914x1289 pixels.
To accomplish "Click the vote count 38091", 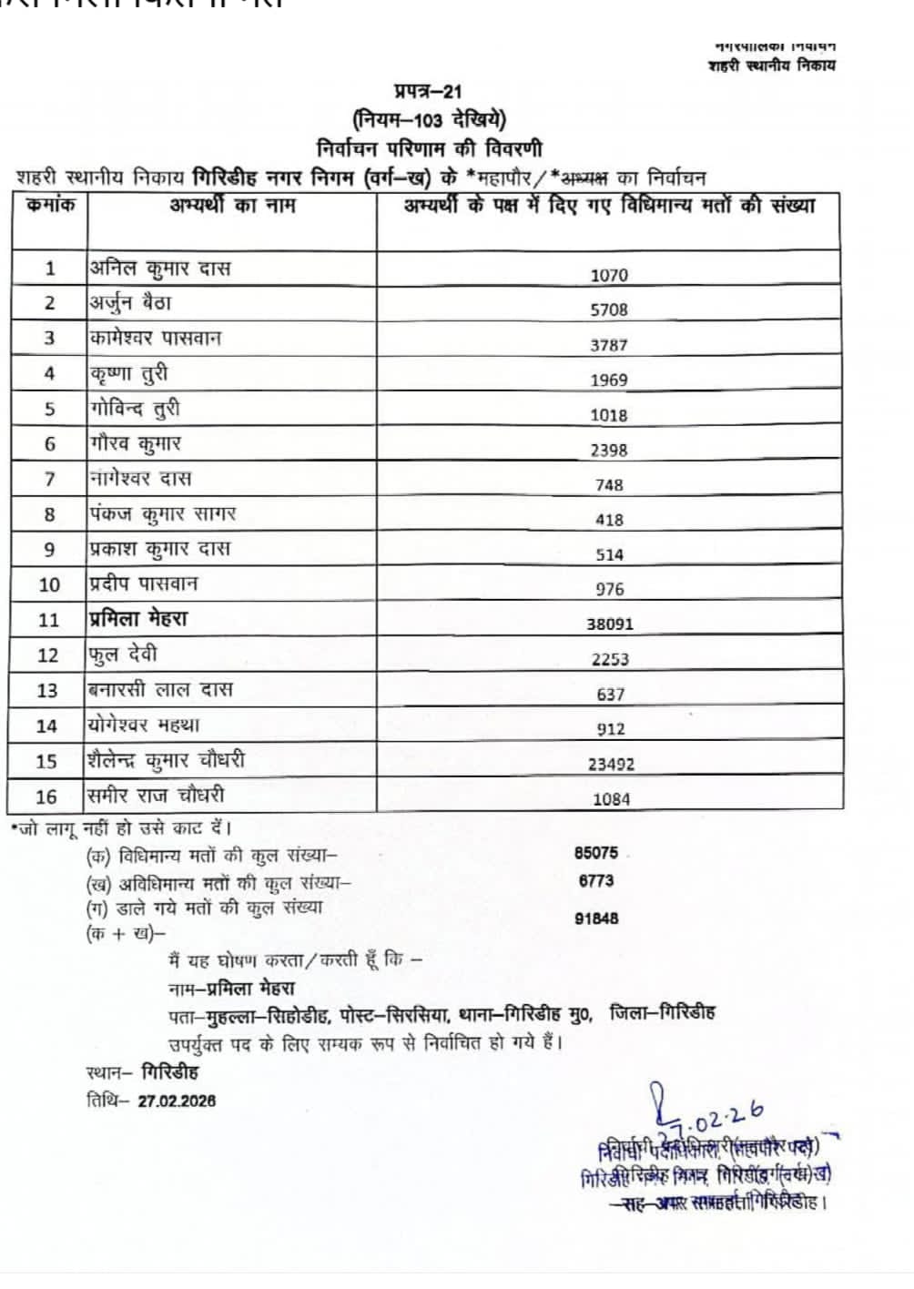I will coord(610,624).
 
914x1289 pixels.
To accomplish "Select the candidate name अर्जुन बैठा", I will coord(129,302).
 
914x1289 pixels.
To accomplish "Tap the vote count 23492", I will coord(610,764).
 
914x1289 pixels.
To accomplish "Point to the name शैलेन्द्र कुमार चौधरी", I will coord(166,760).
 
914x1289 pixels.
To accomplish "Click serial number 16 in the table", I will coord(46,797).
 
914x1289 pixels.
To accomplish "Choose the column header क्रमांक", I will coord(50,206).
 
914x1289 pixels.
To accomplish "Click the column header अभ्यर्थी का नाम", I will coord(232,206).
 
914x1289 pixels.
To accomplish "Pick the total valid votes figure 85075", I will coord(595,853).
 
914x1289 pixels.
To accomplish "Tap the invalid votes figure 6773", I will coord(595,880).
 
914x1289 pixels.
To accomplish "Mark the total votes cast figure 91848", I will coord(595,918).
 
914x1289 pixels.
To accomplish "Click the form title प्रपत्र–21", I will coord(428,91).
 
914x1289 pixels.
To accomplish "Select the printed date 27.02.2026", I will coord(177,1100).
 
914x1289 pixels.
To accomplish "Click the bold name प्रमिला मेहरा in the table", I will coord(137,619).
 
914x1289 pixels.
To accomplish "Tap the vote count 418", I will coord(610,519).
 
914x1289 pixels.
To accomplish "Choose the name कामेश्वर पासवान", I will coord(155,338).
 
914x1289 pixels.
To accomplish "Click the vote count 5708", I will coord(610,310).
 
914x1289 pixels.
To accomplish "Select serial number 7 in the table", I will coord(50,479).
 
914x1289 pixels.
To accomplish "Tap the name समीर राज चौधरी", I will coord(155,795).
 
